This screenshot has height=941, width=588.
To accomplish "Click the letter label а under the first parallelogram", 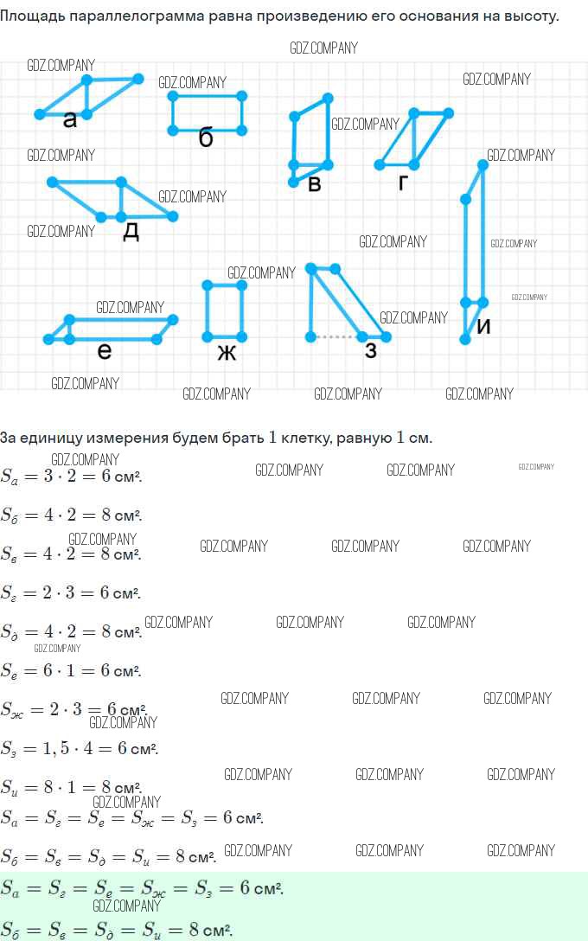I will (x=70, y=120).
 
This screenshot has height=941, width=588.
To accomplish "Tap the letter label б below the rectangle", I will (x=206, y=138).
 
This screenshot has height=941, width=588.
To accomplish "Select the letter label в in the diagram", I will (x=315, y=183).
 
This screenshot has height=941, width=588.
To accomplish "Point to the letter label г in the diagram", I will (x=403, y=182).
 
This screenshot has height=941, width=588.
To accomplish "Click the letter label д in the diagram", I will (x=131, y=231).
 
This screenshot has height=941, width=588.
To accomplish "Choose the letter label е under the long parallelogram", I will (x=105, y=350).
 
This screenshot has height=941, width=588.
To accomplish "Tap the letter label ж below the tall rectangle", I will (x=227, y=352).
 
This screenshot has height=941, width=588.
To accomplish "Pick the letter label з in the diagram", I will (x=371, y=350).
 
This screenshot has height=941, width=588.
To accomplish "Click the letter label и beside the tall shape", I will (x=484, y=327).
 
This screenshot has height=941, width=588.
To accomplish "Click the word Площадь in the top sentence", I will (x=32, y=16).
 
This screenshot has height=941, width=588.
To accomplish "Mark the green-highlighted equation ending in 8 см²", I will (x=117, y=930).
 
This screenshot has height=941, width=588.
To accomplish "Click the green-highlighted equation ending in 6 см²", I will (x=143, y=888).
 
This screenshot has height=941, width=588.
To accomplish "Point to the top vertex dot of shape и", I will (x=483, y=164).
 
